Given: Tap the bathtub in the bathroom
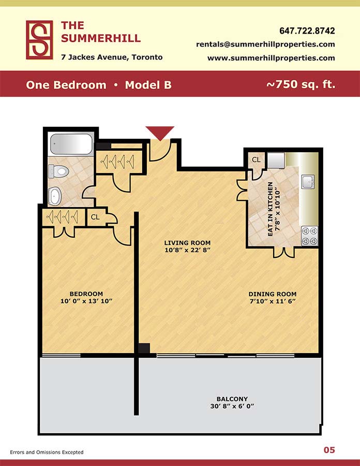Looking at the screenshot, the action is [71, 144].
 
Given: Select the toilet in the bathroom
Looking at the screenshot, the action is [59, 171].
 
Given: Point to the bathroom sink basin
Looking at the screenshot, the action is [55, 196].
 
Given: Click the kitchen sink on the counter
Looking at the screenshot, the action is [308, 182].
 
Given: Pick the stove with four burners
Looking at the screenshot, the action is [309, 236].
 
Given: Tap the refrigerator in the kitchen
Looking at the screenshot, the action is [276, 161].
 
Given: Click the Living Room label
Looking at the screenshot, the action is [187, 243].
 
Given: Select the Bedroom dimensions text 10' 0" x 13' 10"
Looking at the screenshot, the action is [86, 301].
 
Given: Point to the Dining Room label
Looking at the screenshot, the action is [273, 294].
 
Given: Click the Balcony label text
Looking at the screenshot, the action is [232, 399].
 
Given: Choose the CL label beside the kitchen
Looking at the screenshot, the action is [256, 159].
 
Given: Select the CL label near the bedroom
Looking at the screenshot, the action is [95, 217].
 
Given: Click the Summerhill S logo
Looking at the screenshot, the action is [39, 40].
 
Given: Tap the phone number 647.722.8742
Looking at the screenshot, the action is [307, 31].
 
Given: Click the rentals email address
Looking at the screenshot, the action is [266, 45].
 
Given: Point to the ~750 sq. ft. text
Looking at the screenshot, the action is [301, 84].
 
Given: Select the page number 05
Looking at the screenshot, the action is [329, 450].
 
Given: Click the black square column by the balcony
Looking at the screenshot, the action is [144, 348].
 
